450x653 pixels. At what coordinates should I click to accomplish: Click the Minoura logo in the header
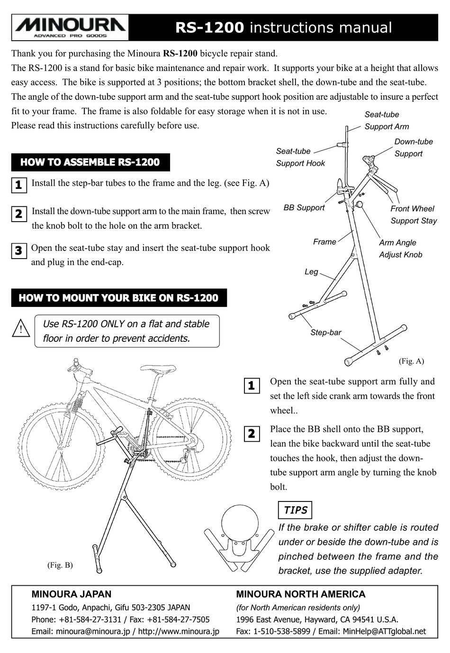[x=70, y=27]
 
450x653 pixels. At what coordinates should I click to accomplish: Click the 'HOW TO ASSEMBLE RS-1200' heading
[x=90, y=162]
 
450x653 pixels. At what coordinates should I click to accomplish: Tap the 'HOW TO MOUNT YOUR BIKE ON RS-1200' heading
[x=118, y=298]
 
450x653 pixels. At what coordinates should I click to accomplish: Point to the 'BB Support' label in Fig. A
[x=304, y=207]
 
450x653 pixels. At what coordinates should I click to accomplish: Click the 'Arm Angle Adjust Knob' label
[x=400, y=249]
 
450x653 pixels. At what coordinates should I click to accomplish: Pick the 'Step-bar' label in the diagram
[x=326, y=332]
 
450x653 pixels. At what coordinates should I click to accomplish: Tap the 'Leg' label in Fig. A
[x=311, y=272]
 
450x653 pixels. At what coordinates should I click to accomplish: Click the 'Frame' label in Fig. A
[x=324, y=242]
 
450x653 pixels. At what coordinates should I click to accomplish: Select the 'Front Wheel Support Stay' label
[x=413, y=215]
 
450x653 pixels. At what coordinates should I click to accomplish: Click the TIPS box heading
[x=295, y=510]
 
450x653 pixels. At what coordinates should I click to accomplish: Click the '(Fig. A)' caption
[x=411, y=361]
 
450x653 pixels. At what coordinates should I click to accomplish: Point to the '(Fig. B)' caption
[x=60, y=565]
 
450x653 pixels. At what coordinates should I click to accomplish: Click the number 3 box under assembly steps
[x=18, y=250]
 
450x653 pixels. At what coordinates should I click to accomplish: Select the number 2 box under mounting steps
[x=252, y=433]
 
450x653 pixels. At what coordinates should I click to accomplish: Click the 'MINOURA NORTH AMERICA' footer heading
[x=300, y=594]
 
